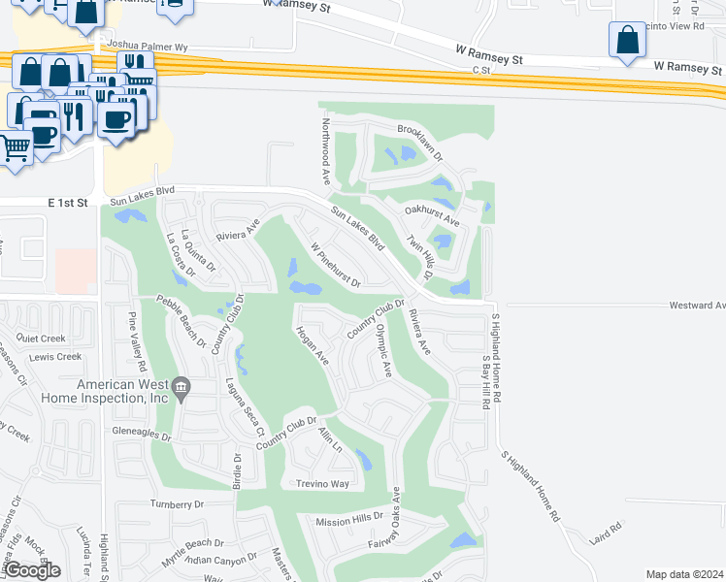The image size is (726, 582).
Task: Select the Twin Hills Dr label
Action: click(418, 257)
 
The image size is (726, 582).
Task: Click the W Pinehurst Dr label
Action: click(336, 266)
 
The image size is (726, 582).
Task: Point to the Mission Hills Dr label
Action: click(350, 519)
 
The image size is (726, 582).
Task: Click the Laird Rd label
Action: click(610, 527)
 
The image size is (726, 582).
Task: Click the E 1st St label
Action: click(68, 203)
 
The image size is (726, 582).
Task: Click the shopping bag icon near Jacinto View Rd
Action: click(627, 41)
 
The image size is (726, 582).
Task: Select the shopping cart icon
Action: click(14, 148)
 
